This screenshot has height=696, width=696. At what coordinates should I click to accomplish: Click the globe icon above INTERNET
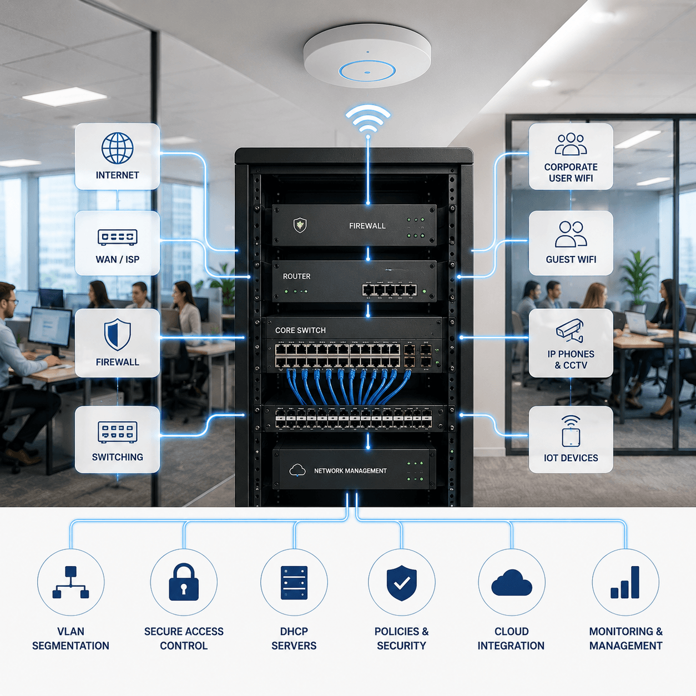pos(117,148)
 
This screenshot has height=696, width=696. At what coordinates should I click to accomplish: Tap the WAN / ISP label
pos(117,259)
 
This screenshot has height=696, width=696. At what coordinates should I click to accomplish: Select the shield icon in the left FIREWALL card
pos(117,335)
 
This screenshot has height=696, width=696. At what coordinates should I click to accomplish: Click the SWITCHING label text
pos(117,457)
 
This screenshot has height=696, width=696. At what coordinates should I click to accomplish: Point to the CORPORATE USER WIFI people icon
pos(571,144)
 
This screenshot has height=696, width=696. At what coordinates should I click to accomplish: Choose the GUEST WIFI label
pos(571,259)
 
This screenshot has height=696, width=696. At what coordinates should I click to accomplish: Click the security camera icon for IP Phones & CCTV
pos(570,330)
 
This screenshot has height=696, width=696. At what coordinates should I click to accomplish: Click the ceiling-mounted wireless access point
pos(367,56)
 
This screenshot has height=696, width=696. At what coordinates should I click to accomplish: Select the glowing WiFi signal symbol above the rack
pos(367,119)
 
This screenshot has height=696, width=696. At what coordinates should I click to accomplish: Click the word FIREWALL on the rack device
pos(367,226)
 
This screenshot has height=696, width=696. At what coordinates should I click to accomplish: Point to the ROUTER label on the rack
pos(296,276)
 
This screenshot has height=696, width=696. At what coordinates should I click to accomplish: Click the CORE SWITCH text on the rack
pos(300,330)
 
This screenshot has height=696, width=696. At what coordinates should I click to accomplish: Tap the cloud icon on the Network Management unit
pos(297,470)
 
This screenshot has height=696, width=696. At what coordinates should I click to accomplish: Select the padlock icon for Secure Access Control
pos(184,582)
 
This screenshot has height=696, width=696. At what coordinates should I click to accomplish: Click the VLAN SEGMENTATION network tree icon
pos(71,582)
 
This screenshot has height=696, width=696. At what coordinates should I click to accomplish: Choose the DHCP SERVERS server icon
pos(294,583)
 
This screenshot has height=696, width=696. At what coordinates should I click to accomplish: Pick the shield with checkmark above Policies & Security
pos(402,583)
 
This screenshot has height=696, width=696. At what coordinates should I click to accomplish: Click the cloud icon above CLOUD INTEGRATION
pos(511,583)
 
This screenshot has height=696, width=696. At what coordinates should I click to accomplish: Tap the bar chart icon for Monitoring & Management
pos(625,582)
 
